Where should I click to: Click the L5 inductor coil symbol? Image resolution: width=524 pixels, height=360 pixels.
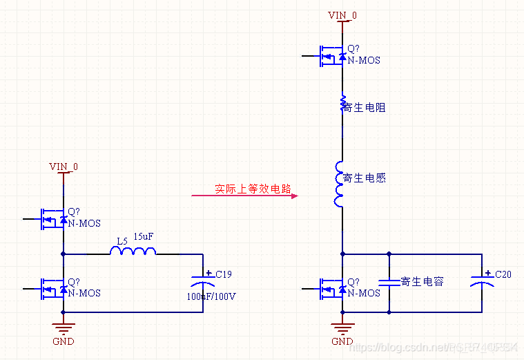point(133,253)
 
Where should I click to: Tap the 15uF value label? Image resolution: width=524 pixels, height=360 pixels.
point(144,237)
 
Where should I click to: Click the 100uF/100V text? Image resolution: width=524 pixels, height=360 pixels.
point(211,296)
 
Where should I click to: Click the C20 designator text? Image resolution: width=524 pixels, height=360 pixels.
point(503,274)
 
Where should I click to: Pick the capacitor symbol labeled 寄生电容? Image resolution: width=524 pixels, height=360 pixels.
point(389,282)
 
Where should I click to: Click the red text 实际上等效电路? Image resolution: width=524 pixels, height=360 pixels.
point(253,188)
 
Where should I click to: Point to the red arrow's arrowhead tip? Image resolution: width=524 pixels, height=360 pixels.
point(296,196)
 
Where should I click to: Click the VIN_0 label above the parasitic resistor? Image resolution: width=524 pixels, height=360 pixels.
point(342,15)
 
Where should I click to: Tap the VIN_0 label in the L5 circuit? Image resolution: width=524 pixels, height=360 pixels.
point(64,167)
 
